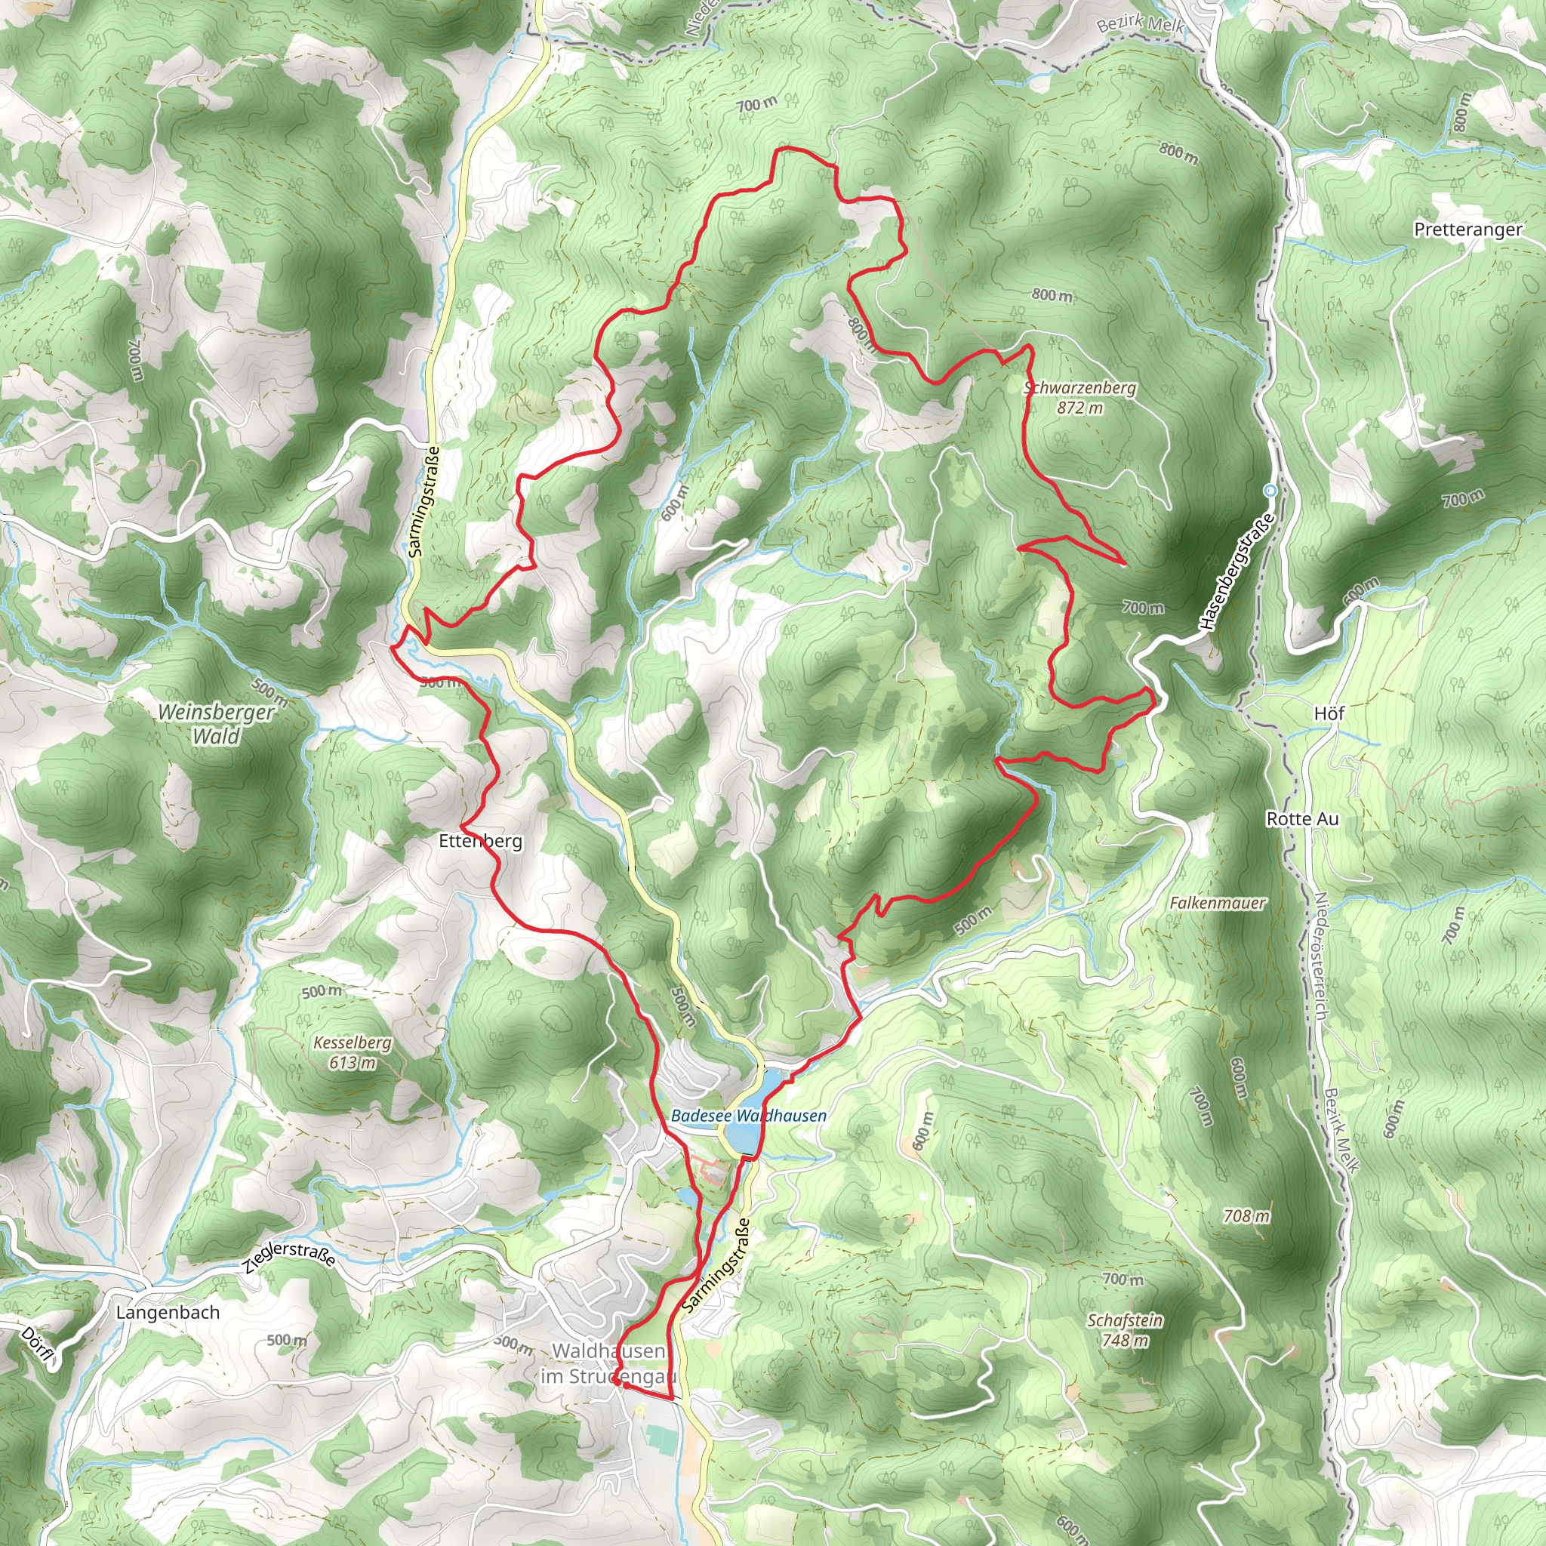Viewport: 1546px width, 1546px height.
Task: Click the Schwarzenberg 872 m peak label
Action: click(1079, 398)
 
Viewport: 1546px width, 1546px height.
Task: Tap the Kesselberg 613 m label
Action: click(352, 1052)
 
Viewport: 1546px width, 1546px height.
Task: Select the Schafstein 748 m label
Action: click(1124, 1330)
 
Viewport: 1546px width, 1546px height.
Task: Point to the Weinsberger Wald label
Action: click(216, 723)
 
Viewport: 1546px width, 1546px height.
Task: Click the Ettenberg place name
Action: click(480, 841)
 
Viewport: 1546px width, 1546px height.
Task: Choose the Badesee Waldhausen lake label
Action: click(748, 1116)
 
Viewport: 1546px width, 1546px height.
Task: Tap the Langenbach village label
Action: click(168, 1312)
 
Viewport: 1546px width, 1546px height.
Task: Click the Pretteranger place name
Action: click(1467, 229)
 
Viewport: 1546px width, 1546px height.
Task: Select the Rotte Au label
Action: click(1302, 818)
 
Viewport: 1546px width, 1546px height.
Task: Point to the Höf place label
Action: click(1329, 713)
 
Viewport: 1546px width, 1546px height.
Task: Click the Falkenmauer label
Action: click(1217, 904)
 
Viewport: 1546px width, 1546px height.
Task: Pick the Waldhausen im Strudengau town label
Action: click(608, 1363)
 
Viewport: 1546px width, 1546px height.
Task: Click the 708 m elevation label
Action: click(1246, 1216)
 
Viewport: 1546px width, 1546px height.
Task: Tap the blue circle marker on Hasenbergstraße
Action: click(1270, 491)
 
